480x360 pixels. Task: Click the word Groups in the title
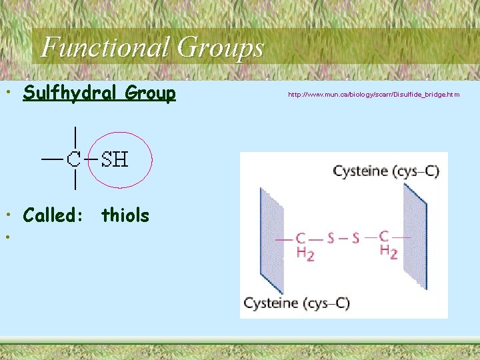coord(220,47)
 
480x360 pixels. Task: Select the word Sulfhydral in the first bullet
coord(73,93)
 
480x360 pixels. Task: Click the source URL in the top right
coord(373,95)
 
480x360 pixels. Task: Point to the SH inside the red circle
coord(115,159)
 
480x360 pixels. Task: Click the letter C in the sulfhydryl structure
coord(74,159)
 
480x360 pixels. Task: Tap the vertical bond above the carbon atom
coord(75,138)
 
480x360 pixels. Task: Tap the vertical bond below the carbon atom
coord(75,179)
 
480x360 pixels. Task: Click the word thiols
coord(125,215)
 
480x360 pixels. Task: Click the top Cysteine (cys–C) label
coord(386,171)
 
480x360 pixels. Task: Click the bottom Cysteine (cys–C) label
coord(296,303)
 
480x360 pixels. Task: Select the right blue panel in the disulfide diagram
coord(415,237)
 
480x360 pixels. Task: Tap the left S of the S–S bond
coord(331,238)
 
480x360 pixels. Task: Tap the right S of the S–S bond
coord(355,238)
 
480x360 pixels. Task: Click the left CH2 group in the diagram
coord(303,245)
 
